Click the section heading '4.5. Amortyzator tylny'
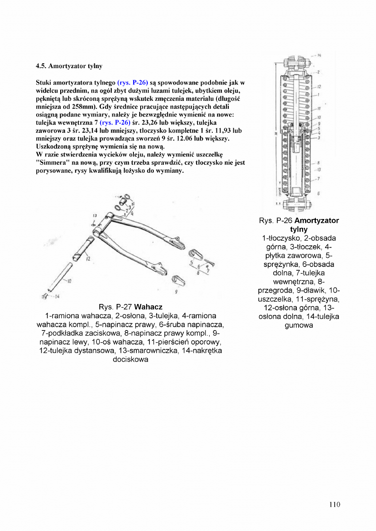(x=69, y=66)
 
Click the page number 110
(x=335, y=505)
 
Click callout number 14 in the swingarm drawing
(x=56, y=296)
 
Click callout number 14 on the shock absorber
(x=320, y=55)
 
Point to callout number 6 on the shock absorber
(x=319, y=194)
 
